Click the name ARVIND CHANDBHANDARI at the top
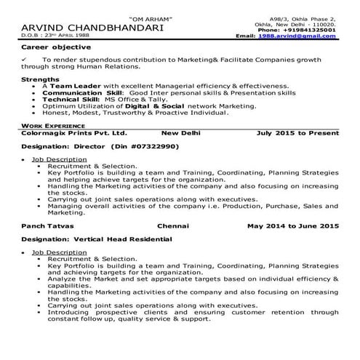pos(88,27)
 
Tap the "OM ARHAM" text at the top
pos(151,17)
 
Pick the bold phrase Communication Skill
pos(80,93)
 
